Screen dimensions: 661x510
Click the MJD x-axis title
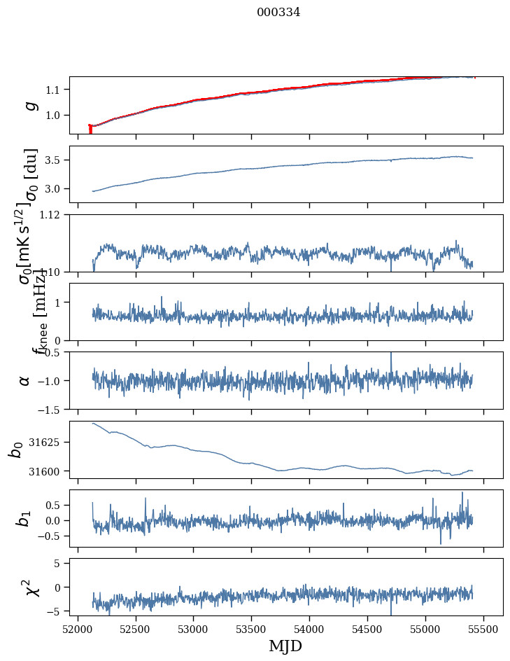pyautogui.click(x=285, y=646)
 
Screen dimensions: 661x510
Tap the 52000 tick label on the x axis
pyautogui.click(x=78, y=628)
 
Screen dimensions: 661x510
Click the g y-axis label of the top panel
pyautogui.click(x=29, y=105)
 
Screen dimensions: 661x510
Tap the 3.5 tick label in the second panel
pyautogui.click(x=56, y=160)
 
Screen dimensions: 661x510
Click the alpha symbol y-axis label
pyautogui.click(x=25, y=380)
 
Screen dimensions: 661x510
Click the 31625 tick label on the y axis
pyautogui.click(x=50, y=443)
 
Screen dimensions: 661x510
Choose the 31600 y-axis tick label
pyautogui.click(x=50, y=471)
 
